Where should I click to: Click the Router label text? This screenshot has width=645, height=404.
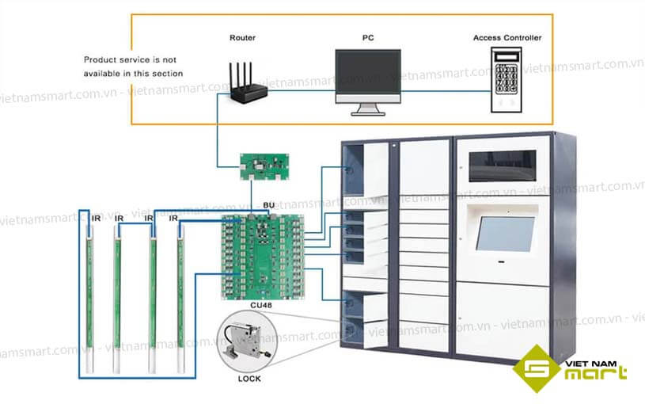(242, 37)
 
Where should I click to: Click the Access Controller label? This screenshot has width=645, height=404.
(507, 37)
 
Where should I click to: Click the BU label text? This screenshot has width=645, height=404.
(268, 205)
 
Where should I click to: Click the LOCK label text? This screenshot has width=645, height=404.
(249, 379)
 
